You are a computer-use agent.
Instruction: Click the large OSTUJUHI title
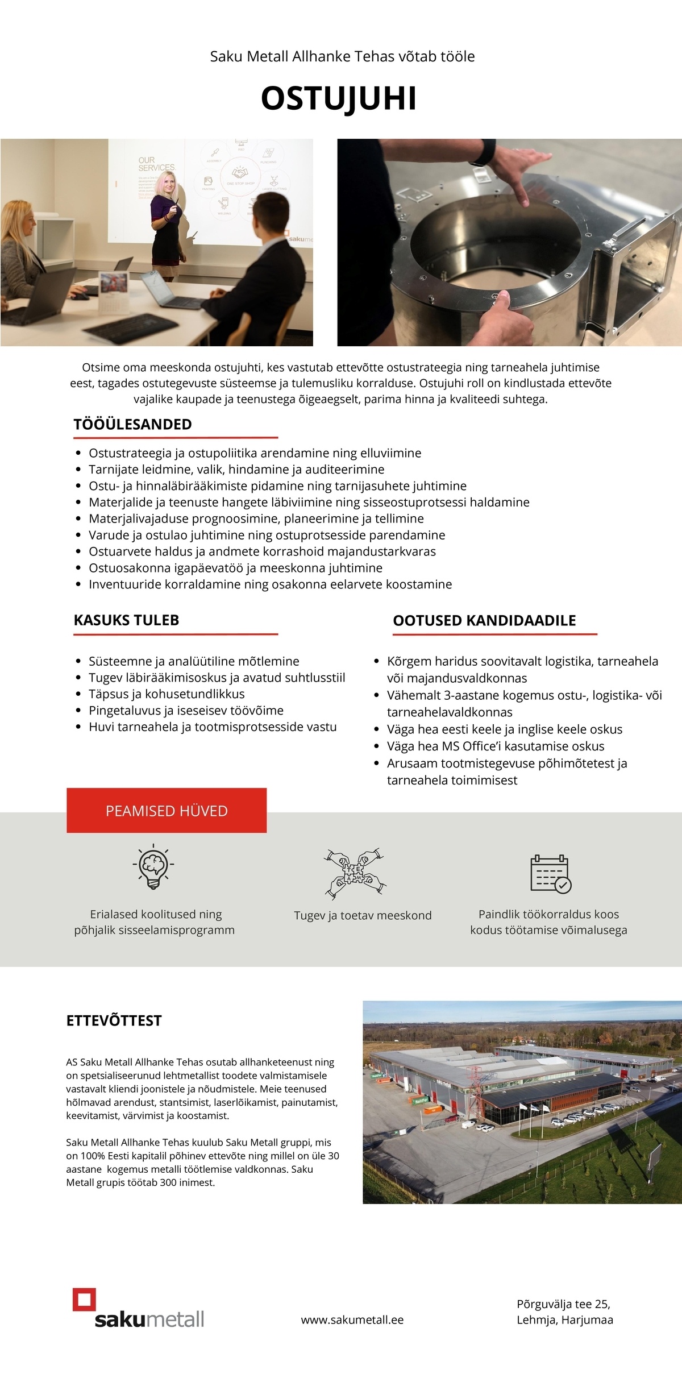pos(339,98)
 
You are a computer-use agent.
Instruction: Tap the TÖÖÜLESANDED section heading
pos(132,424)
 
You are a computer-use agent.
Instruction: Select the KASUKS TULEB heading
pos(126,620)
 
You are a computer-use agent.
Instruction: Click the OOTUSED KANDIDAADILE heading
pos(484,621)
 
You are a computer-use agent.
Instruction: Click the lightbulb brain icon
pos(153,868)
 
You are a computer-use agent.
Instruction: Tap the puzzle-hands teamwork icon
pos(355,874)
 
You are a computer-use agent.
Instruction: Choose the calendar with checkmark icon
pos(550,874)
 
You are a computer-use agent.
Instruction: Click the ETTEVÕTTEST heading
pos(114,1021)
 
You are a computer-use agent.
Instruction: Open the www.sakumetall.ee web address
pos(352,1320)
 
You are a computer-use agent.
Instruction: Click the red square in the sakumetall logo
pos(84,1300)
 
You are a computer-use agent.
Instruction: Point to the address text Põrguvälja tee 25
pos(563,1304)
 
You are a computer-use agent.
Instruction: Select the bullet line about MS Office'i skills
pos(495,746)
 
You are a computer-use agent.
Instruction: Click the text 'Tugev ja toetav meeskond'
pos(363,916)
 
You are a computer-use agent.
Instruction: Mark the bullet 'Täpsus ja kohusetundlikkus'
pos(167,694)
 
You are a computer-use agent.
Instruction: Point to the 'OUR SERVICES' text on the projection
pos(157,164)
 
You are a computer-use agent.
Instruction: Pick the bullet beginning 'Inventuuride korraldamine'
pos(270,584)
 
